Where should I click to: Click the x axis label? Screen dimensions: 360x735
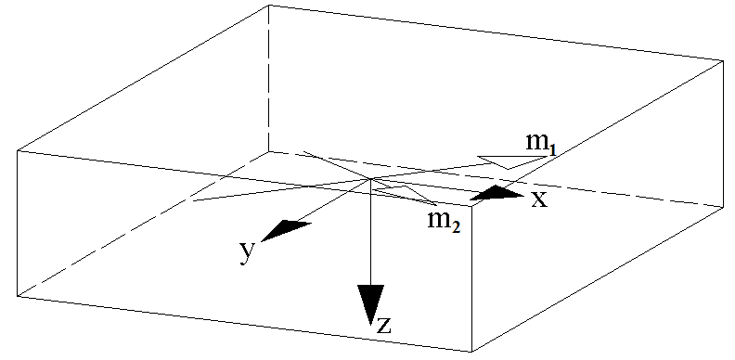(538, 199)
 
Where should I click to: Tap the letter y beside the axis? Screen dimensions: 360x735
(246, 251)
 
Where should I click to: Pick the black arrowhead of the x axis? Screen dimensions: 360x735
(498, 194)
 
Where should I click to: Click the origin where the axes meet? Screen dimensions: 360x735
(371, 179)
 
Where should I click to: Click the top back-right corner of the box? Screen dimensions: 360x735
(723, 61)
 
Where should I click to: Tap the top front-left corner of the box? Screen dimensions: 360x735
(18, 149)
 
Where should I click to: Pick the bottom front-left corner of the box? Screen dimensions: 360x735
(18, 297)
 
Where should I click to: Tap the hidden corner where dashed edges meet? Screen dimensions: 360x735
(269, 151)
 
